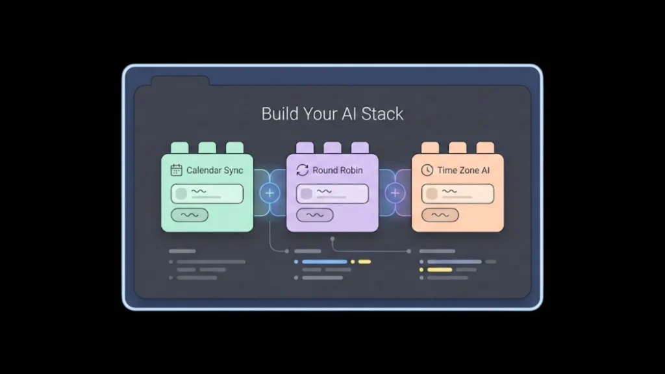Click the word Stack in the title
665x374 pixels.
381,114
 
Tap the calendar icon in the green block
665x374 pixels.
176,170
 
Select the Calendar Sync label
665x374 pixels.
214,170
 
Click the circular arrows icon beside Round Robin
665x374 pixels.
302,170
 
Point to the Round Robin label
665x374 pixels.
337,170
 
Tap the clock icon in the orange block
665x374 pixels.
427,170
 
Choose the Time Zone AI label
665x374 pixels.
463,170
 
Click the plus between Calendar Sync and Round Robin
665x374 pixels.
270,193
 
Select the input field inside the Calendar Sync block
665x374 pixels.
207,193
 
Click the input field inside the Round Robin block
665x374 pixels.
332,193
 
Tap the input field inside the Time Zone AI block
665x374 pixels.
457,193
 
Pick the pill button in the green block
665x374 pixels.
190,215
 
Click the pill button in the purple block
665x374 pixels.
315,215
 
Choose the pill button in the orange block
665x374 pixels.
440,215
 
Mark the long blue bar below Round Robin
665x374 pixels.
325,262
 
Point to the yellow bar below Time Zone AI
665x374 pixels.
439,269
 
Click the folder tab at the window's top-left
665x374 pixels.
180,82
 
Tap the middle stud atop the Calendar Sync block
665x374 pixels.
207,148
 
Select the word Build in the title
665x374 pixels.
279,114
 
